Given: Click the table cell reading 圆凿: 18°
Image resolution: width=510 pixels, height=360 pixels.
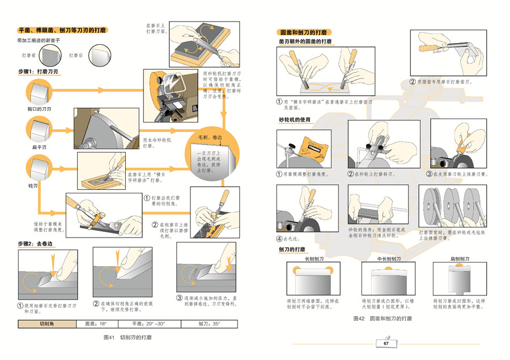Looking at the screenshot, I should [x=95, y=324].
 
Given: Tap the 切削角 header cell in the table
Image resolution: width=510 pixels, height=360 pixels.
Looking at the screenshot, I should [x=47, y=324].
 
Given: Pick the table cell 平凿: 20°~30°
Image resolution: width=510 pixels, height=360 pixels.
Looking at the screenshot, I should [x=148, y=324].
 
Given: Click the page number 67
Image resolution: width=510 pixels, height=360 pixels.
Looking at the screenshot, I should [x=385, y=344].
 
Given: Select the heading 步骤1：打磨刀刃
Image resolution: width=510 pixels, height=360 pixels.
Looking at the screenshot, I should [x=39, y=72].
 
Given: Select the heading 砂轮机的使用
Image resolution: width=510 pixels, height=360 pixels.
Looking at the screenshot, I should [x=295, y=120].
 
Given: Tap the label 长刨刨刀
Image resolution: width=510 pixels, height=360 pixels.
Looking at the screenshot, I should [x=314, y=259].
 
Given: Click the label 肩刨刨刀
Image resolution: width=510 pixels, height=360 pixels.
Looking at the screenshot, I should [x=459, y=259].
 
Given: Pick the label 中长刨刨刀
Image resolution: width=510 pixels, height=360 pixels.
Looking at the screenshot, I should [x=389, y=259].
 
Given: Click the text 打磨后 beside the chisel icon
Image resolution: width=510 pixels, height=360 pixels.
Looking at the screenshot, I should [x=76, y=56].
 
